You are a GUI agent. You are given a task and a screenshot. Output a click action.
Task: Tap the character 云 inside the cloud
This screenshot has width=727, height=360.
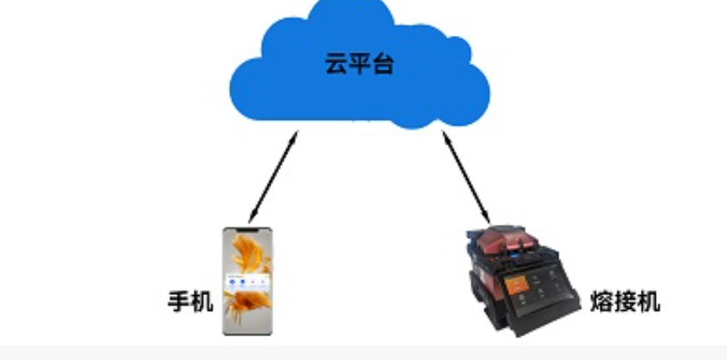pos(335,63)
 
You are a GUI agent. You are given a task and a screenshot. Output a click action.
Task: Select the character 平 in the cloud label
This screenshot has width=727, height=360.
pos(359,63)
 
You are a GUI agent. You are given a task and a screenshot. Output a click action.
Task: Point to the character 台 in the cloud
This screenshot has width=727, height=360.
pos(383,63)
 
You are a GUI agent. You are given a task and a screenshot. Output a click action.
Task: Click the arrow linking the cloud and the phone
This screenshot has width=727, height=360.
pos(273,176)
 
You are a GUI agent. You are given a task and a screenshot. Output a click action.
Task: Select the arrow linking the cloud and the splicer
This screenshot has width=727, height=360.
pos(466,177)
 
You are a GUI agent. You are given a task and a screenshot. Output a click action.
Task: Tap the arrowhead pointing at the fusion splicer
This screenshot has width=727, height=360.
pos(487,218)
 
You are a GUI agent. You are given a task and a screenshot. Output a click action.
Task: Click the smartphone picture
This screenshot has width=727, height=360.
pos(247,281)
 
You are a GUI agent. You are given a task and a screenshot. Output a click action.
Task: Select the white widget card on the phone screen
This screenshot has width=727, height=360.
pos(247,283)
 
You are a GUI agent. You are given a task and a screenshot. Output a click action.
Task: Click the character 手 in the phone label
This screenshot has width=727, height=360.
pos(179,301)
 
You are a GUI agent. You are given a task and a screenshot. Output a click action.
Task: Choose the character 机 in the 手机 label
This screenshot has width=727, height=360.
pos(202,301)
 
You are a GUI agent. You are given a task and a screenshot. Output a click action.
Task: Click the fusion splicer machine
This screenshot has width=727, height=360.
pos(522,281)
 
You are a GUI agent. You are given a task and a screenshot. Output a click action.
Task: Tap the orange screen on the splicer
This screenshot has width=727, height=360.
pos(515,284)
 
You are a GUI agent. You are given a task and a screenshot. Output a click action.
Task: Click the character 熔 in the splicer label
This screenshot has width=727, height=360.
pos(601,301)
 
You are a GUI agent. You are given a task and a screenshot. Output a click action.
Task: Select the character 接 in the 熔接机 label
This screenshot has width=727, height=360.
pos(625,301)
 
